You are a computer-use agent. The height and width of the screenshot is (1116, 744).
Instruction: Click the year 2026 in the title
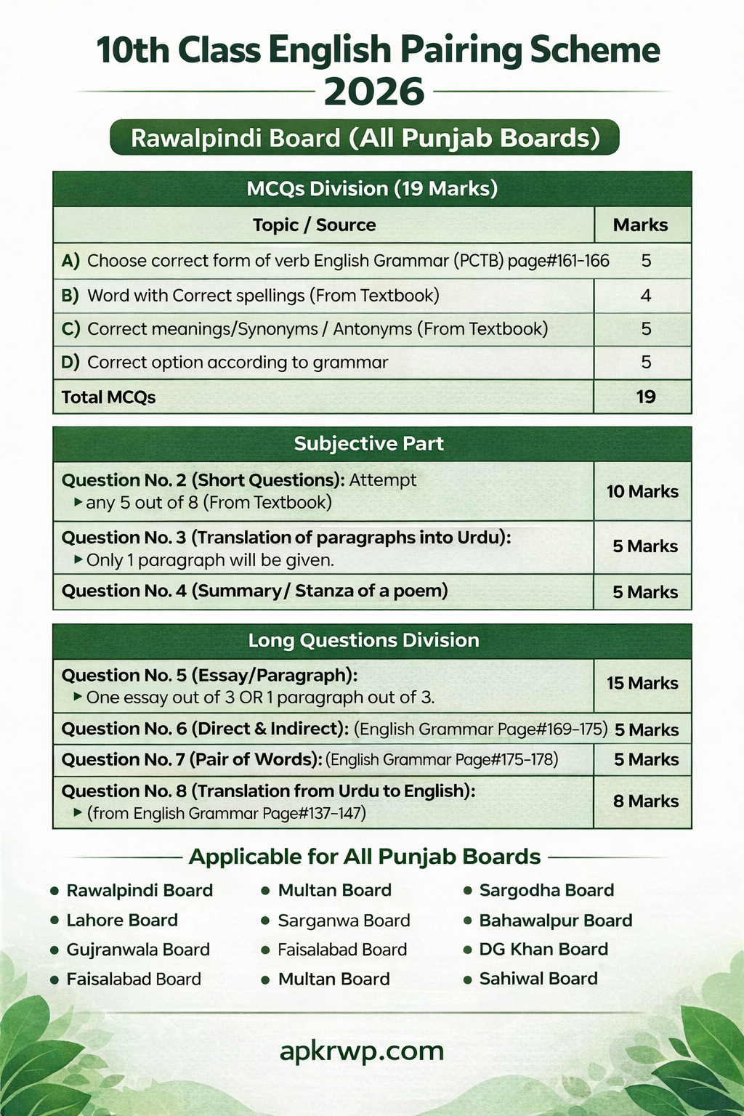374,92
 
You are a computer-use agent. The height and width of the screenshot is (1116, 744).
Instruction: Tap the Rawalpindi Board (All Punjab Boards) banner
365,138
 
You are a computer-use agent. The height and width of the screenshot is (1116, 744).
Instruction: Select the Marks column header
640,225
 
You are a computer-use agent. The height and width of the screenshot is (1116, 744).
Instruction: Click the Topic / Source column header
314,225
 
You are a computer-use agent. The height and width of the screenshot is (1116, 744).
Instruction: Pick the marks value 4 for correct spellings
645,296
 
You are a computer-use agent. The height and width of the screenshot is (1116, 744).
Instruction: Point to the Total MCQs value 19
645,397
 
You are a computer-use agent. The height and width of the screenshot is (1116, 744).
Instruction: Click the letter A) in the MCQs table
70,261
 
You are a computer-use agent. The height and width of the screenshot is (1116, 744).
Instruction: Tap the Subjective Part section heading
368,444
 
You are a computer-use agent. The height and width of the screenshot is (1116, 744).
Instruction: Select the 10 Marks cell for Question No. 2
642,491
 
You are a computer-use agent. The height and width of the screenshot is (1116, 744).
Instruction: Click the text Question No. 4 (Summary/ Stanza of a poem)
254,591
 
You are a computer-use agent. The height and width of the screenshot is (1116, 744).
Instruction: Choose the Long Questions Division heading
363,640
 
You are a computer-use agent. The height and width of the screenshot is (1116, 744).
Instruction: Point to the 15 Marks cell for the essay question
642,683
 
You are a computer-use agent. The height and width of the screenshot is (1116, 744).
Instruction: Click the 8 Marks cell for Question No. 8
645,801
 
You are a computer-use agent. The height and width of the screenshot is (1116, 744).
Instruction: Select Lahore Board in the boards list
122,920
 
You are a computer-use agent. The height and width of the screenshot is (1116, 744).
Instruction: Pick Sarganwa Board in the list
344,921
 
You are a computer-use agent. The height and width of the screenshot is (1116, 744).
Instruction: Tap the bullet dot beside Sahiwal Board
468,979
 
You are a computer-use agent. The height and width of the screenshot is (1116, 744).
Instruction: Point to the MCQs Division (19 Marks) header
372,189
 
